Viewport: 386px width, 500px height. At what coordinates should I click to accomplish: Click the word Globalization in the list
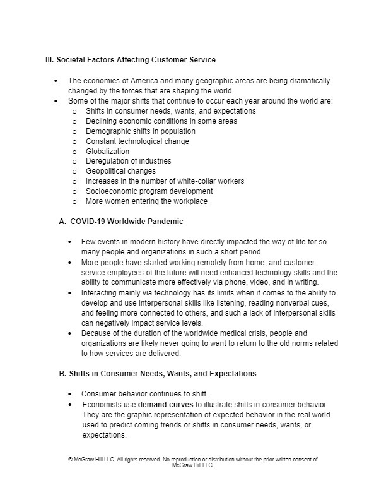(x=107, y=152)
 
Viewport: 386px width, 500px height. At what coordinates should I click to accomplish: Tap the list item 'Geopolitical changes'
(x=120, y=171)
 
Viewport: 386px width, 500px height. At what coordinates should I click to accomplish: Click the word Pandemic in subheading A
(x=166, y=222)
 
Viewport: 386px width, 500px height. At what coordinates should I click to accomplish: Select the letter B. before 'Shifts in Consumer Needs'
(x=62, y=373)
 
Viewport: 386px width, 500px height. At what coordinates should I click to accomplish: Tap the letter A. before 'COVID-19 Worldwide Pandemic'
(x=62, y=222)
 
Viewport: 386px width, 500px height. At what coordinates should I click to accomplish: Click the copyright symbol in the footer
(x=70, y=460)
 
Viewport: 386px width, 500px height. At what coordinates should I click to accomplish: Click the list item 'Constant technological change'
(x=137, y=141)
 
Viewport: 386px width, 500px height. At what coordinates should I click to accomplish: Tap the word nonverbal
(x=269, y=302)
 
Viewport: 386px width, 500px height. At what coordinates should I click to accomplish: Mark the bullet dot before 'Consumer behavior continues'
(x=70, y=393)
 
